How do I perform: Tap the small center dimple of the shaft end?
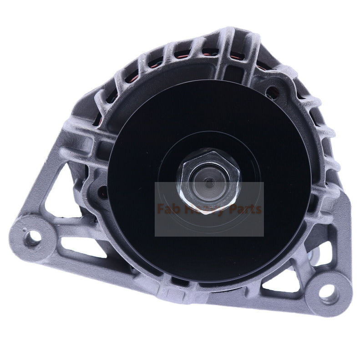[209, 181]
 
